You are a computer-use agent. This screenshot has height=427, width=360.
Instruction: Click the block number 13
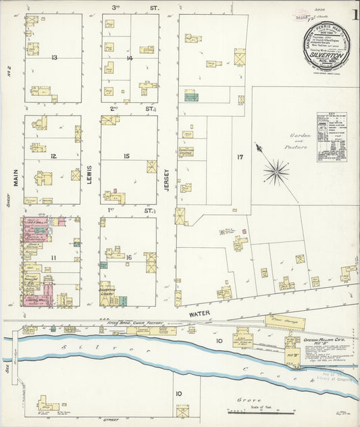[53, 57]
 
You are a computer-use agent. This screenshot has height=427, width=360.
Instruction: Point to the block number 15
[126, 156]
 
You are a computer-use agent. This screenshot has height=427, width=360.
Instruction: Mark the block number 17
[239, 157]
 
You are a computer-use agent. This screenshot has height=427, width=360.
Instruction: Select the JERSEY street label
[167, 180]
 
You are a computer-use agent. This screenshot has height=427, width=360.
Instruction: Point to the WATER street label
[200, 313]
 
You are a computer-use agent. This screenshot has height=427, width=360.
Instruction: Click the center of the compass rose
[276, 172]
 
